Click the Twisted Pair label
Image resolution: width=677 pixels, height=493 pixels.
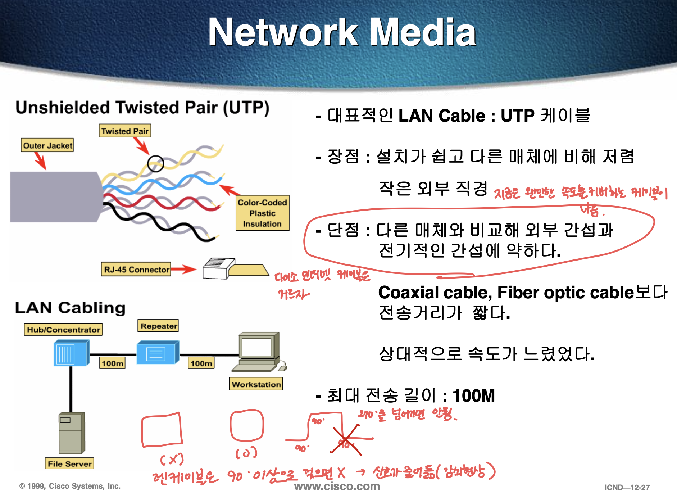(125, 131)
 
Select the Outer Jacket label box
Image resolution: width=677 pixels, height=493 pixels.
(47, 145)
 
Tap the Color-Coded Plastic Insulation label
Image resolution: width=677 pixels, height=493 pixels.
(262, 213)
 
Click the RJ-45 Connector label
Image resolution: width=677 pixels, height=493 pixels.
(136, 270)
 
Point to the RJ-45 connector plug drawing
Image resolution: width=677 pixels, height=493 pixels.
(234, 268)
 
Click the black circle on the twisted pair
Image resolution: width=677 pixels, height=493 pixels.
(156, 164)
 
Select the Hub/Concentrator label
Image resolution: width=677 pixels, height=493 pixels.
(63, 330)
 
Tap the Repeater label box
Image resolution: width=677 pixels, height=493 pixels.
(158, 326)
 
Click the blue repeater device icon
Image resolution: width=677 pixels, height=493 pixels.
(157, 353)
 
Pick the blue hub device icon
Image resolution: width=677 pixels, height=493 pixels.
(71, 354)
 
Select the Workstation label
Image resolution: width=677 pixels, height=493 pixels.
(256, 384)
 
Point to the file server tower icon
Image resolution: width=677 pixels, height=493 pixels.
(72, 433)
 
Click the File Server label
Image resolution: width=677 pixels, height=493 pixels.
(69, 463)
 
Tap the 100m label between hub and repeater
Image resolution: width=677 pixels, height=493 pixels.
(112, 363)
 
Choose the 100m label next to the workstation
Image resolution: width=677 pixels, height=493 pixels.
(201, 363)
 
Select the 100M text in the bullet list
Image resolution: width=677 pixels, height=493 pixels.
(473, 396)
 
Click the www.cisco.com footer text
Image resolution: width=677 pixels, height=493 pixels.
(337, 486)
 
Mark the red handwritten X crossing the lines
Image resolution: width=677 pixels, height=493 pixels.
(346, 440)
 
